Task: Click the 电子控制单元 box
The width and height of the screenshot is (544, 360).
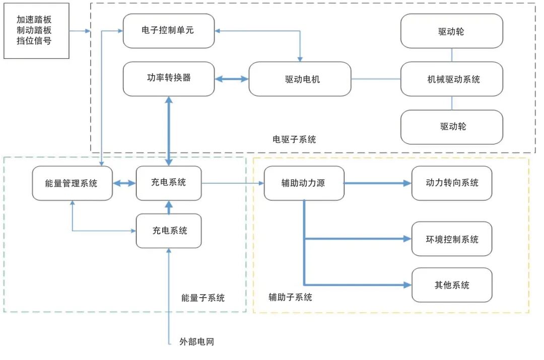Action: pyautogui.click(x=169, y=31)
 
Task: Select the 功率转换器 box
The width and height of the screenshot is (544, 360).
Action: pyautogui.click(x=169, y=79)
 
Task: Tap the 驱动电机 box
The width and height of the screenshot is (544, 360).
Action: pyautogui.click(x=300, y=79)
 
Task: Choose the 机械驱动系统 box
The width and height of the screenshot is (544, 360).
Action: pyautogui.click(x=451, y=79)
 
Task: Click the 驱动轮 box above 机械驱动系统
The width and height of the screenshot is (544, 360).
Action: pyautogui.click(x=451, y=31)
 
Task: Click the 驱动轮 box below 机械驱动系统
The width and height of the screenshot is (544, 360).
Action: pyautogui.click(x=451, y=127)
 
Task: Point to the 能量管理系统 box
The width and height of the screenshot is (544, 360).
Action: pyautogui.click(x=72, y=183)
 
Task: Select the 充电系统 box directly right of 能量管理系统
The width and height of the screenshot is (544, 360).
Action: pyautogui.click(x=169, y=183)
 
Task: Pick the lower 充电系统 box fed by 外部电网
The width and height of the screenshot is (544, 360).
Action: pyautogui.click(x=169, y=231)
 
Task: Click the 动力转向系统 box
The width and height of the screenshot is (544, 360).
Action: pyautogui.click(x=451, y=183)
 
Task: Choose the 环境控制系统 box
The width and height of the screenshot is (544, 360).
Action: pyautogui.click(x=451, y=239)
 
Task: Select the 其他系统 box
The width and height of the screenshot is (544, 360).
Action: pyautogui.click(x=451, y=285)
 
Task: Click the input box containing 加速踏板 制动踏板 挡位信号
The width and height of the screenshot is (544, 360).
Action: pyautogui.click(x=36, y=31)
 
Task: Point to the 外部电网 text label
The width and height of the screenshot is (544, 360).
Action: pyautogui.click(x=197, y=342)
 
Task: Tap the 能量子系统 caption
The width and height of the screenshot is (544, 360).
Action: pyautogui.click(x=203, y=298)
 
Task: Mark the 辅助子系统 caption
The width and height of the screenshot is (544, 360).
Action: pyautogui.click(x=290, y=297)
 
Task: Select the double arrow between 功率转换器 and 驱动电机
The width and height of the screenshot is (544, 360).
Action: pyautogui.click(x=232, y=79)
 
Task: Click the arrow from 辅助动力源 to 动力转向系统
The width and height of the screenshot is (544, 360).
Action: pyautogui.click(x=378, y=183)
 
